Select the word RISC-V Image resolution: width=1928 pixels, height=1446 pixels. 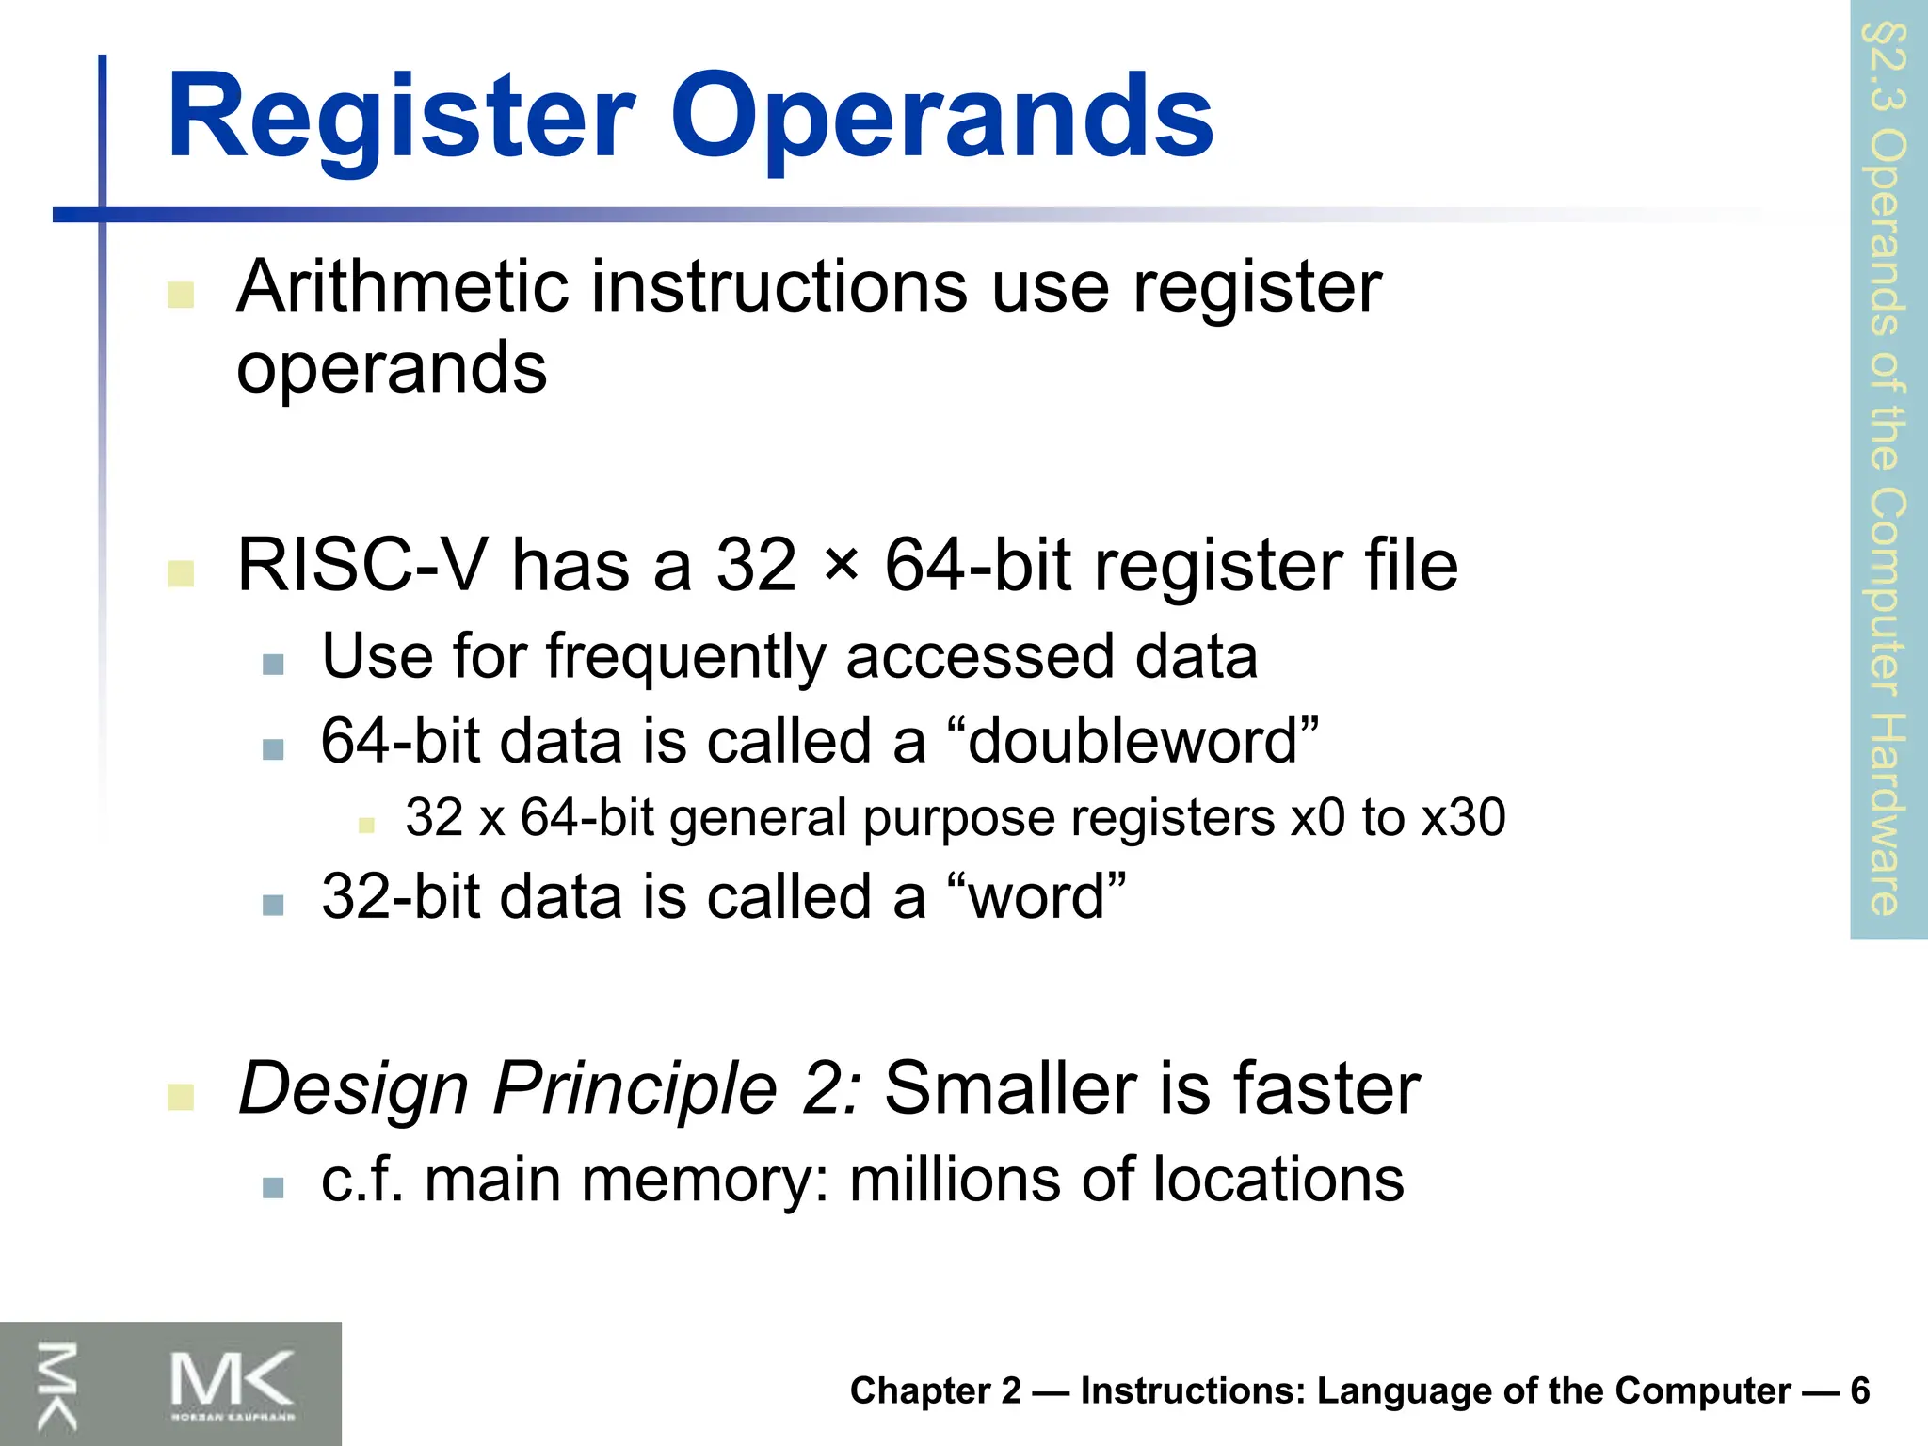(x=361, y=566)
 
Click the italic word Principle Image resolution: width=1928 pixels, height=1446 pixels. (x=635, y=1088)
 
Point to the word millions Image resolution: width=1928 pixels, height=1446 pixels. (x=955, y=1180)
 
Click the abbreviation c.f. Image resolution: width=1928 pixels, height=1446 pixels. (x=361, y=1180)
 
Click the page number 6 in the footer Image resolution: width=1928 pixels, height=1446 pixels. (x=1859, y=1390)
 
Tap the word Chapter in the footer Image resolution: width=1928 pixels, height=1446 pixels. (x=921, y=1390)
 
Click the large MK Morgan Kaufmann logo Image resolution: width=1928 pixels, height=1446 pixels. (x=232, y=1384)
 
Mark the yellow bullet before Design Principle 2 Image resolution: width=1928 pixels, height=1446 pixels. (x=180, y=1096)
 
